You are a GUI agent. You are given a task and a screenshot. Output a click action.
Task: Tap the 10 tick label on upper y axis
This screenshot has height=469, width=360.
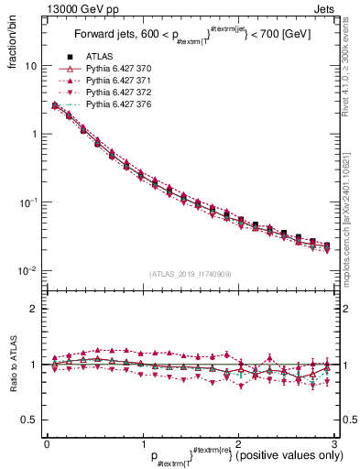pyautogui.click(x=31, y=66)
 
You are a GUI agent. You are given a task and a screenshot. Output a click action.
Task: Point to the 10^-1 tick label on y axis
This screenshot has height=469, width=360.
pyautogui.click(x=28, y=202)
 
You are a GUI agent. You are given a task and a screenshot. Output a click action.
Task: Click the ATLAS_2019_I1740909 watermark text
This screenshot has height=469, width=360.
pyautogui.click(x=190, y=275)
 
